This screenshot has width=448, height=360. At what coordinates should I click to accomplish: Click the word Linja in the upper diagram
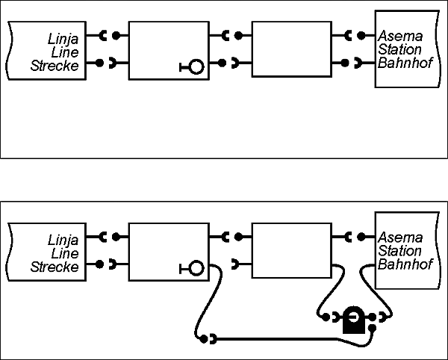click(x=63, y=39)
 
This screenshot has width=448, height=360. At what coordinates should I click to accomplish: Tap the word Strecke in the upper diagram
click(x=55, y=66)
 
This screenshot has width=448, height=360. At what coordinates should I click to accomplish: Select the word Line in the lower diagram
click(x=65, y=253)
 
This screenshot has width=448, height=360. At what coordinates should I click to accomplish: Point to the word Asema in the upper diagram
click(x=400, y=37)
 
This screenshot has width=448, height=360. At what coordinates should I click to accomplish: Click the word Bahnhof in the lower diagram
click(x=405, y=264)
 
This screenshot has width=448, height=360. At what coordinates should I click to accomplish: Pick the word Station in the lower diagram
click(x=399, y=250)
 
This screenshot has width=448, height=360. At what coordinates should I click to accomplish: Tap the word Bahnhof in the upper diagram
click(x=405, y=63)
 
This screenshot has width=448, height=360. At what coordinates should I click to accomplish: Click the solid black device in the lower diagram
click(x=354, y=320)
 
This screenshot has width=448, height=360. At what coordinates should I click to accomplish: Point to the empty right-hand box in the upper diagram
click(x=292, y=49)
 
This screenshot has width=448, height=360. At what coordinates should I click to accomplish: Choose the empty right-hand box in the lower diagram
click(x=292, y=250)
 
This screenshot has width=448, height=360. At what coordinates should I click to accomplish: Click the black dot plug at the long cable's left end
click(x=203, y=339)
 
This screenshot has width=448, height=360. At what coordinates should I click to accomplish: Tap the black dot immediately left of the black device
click(x=326, y=317)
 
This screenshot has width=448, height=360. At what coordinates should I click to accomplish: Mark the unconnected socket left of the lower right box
click(x=235, y=264)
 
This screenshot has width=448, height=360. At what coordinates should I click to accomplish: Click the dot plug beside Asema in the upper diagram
click(x=361, y=36)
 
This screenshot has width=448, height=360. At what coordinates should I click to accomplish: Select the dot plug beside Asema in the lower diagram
click(x=361, y=237)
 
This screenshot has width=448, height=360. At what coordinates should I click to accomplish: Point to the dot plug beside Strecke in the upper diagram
click(x=99, y=63)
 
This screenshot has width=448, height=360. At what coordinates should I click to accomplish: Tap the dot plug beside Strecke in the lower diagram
click(x=99, y=264)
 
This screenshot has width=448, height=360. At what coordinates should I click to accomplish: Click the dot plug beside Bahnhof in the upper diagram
click(x=345, y=63)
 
